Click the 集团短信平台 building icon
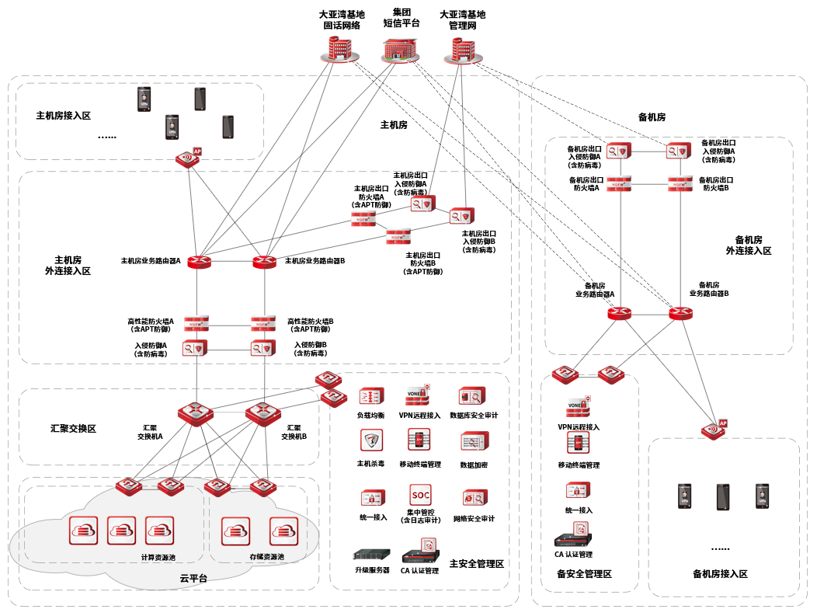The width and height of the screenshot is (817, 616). click(400, 49)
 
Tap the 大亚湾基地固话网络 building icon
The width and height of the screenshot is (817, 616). click(340, 49)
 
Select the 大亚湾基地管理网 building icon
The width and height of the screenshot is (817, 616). click(460, 49)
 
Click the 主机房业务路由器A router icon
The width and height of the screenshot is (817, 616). click(199, 262)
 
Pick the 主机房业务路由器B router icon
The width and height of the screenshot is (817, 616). click(265, 262)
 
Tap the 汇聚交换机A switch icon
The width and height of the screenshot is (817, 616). click(194, 412)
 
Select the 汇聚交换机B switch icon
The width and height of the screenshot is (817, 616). click(262, 412)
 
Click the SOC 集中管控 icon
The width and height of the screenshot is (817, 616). click(420, 495)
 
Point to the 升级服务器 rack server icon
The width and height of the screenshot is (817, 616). click(370, 555)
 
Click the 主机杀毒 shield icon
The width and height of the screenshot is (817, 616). click(371, 440)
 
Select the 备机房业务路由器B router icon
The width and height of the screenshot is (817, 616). click(681, 314)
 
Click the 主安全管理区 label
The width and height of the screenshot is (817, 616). click(477, 563)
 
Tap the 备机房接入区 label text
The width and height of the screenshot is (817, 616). click(720, 574)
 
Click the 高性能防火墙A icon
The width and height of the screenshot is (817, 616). click(196, 322)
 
